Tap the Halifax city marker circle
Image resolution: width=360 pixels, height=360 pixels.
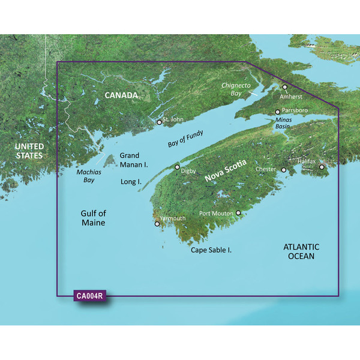click(322, 167)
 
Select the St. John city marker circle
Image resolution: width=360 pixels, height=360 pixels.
click(159, 122)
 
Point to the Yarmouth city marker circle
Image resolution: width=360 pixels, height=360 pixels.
click(157, 224)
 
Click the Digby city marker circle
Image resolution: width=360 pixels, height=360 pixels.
click(177, 167)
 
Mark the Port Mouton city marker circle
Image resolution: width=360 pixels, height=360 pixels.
click(238, 213)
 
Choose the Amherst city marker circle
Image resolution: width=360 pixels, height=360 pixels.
click(285, 87)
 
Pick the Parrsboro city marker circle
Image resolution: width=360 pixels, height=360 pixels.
click(277, 112)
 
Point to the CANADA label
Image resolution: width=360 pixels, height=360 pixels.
click(121, 95)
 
